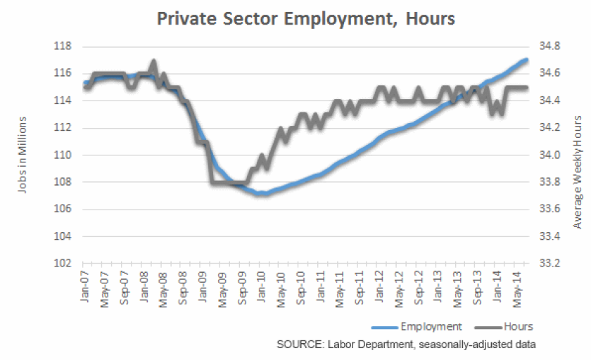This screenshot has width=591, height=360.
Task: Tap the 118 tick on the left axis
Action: coord(63,46)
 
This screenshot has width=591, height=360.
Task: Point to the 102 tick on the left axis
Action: coord(63,264)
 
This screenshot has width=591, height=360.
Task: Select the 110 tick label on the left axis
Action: coord(63,155)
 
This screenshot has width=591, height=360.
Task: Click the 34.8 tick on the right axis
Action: coord(549,46)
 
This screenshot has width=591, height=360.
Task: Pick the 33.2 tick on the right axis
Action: coord(549,264)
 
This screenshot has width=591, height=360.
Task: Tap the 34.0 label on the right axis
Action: coord(549,155)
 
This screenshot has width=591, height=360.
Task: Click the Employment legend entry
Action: coord(431,326)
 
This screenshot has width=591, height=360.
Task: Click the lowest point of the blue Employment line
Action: coord(261,193)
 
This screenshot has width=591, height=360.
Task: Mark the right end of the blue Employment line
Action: coord(527,59)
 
